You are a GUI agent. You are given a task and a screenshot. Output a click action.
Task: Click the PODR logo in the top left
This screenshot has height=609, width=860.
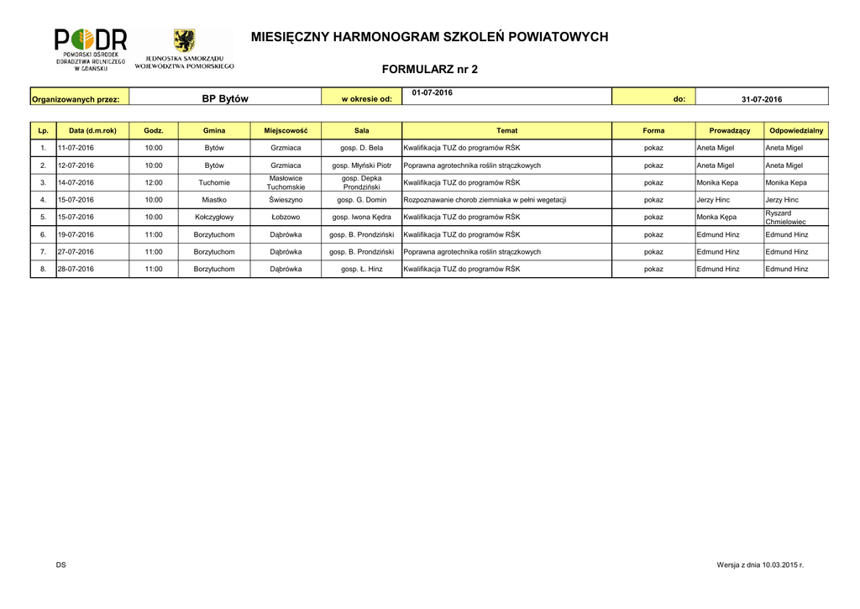(x=91, y=50)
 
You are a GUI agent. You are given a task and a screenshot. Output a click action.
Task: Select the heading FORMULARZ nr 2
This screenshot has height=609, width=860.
(x=429, y=70)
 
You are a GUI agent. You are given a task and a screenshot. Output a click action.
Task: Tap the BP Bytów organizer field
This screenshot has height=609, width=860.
(x=225, y=99)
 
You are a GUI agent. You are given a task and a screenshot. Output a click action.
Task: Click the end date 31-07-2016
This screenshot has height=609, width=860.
(x=761, y=99)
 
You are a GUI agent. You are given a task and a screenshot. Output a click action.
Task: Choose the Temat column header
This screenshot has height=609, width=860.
(x=506, y=131)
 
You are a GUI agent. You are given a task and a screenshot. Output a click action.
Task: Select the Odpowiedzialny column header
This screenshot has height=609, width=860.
(x=795, y=131)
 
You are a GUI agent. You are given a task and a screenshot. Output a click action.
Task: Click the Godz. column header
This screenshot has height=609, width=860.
(x=154, y=131)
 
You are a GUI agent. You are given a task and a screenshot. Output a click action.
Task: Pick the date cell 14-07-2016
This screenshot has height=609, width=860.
(x=76, y=182)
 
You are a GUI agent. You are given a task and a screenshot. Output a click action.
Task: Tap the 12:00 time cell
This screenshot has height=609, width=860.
(x=154, y=182)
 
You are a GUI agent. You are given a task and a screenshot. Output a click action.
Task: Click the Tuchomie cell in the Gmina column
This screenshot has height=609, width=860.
(x=214, y=182)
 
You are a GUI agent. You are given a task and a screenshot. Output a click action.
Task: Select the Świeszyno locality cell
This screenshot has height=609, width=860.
(x=286, y=200)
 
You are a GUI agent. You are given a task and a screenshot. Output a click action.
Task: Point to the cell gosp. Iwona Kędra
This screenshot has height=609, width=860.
(x=362, y=217)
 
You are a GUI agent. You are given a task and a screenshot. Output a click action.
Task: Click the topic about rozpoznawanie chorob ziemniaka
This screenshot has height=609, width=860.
(x=485, y=200)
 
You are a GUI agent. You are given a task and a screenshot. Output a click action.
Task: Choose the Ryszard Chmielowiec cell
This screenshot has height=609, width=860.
(x=785, y=218)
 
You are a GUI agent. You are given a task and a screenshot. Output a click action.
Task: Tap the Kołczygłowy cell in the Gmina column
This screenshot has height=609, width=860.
(x=214, y=217)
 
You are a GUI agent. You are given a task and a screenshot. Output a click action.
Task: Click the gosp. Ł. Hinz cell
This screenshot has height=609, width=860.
(x=362, y=269)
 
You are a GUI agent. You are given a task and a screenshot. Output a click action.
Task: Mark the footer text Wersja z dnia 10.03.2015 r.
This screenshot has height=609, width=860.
(x=760, y=565)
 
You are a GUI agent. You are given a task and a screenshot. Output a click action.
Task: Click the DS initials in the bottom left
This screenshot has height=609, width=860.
(x=61, y=565)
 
